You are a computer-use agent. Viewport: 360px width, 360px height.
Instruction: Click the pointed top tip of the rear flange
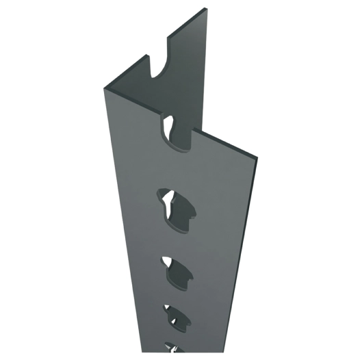pyautogui.click(x=206, y=10)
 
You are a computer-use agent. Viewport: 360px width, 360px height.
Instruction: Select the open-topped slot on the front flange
pyautogui.click(x=177, y=133)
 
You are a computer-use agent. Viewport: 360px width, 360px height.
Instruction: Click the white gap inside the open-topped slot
pyautogui.click(x=168, y=124)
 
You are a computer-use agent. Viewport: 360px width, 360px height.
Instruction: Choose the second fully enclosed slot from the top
pyautogui.click(x=178, y=270)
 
